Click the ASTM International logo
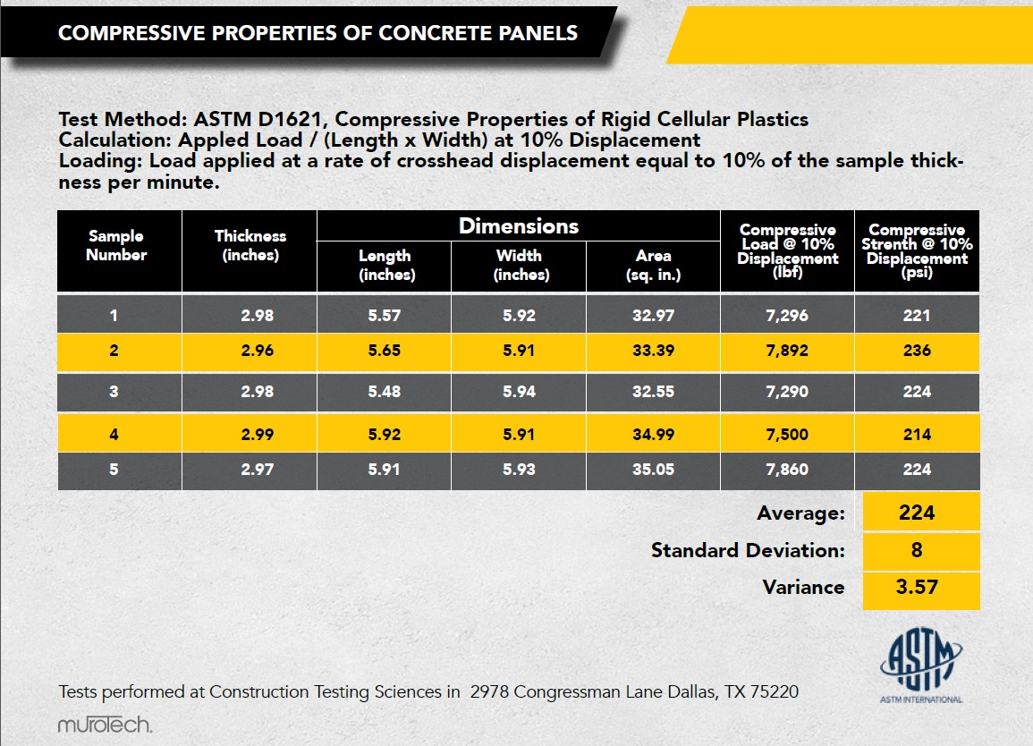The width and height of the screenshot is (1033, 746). [921, 665]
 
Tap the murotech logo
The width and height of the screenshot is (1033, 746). [105, 725]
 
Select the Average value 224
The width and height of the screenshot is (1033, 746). [917, 513]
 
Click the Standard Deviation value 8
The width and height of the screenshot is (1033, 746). [917, 550]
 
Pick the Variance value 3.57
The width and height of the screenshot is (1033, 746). [917, 587]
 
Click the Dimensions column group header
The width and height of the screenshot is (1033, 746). [519, 226]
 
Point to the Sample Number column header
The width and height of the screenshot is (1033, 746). [116, 245]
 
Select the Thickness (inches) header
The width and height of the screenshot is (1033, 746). [250, 245]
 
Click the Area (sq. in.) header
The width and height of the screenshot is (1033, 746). [653, 265]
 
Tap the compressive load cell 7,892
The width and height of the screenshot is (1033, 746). [787, 351]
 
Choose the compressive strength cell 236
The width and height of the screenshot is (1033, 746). [917, 351]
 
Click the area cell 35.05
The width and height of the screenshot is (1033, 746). [653, 470]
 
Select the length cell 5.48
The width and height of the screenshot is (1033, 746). [384, 392]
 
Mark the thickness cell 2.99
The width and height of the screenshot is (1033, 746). [257, 435]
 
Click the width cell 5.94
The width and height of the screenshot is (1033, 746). [519, 392]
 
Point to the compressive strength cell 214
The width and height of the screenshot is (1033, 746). [917, 435]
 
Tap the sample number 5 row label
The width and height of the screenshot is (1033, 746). [114, 470]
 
